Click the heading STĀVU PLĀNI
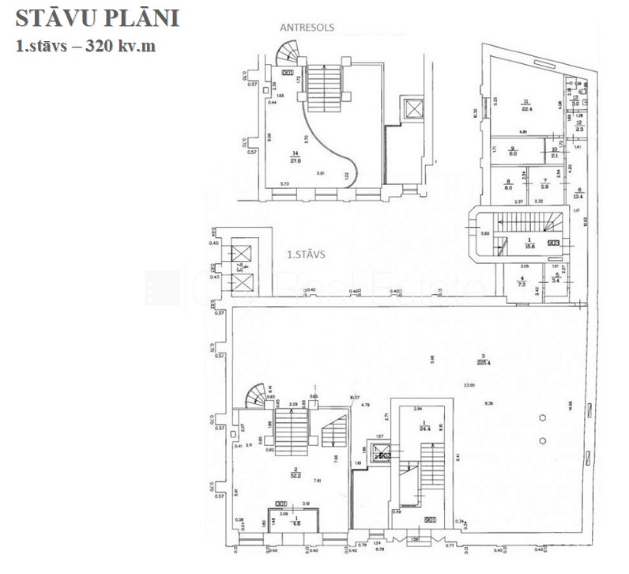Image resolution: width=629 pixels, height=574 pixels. (97, 18)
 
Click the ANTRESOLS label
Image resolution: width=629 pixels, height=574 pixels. (307, 27)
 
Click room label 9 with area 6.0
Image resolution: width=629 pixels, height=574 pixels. (512, 152)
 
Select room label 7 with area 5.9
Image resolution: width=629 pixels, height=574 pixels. (544, 183)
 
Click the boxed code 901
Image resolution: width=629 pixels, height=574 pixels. (431, 519)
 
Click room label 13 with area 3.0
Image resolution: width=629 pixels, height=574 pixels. (576, 100)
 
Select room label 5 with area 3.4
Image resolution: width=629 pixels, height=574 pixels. (556, 278)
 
